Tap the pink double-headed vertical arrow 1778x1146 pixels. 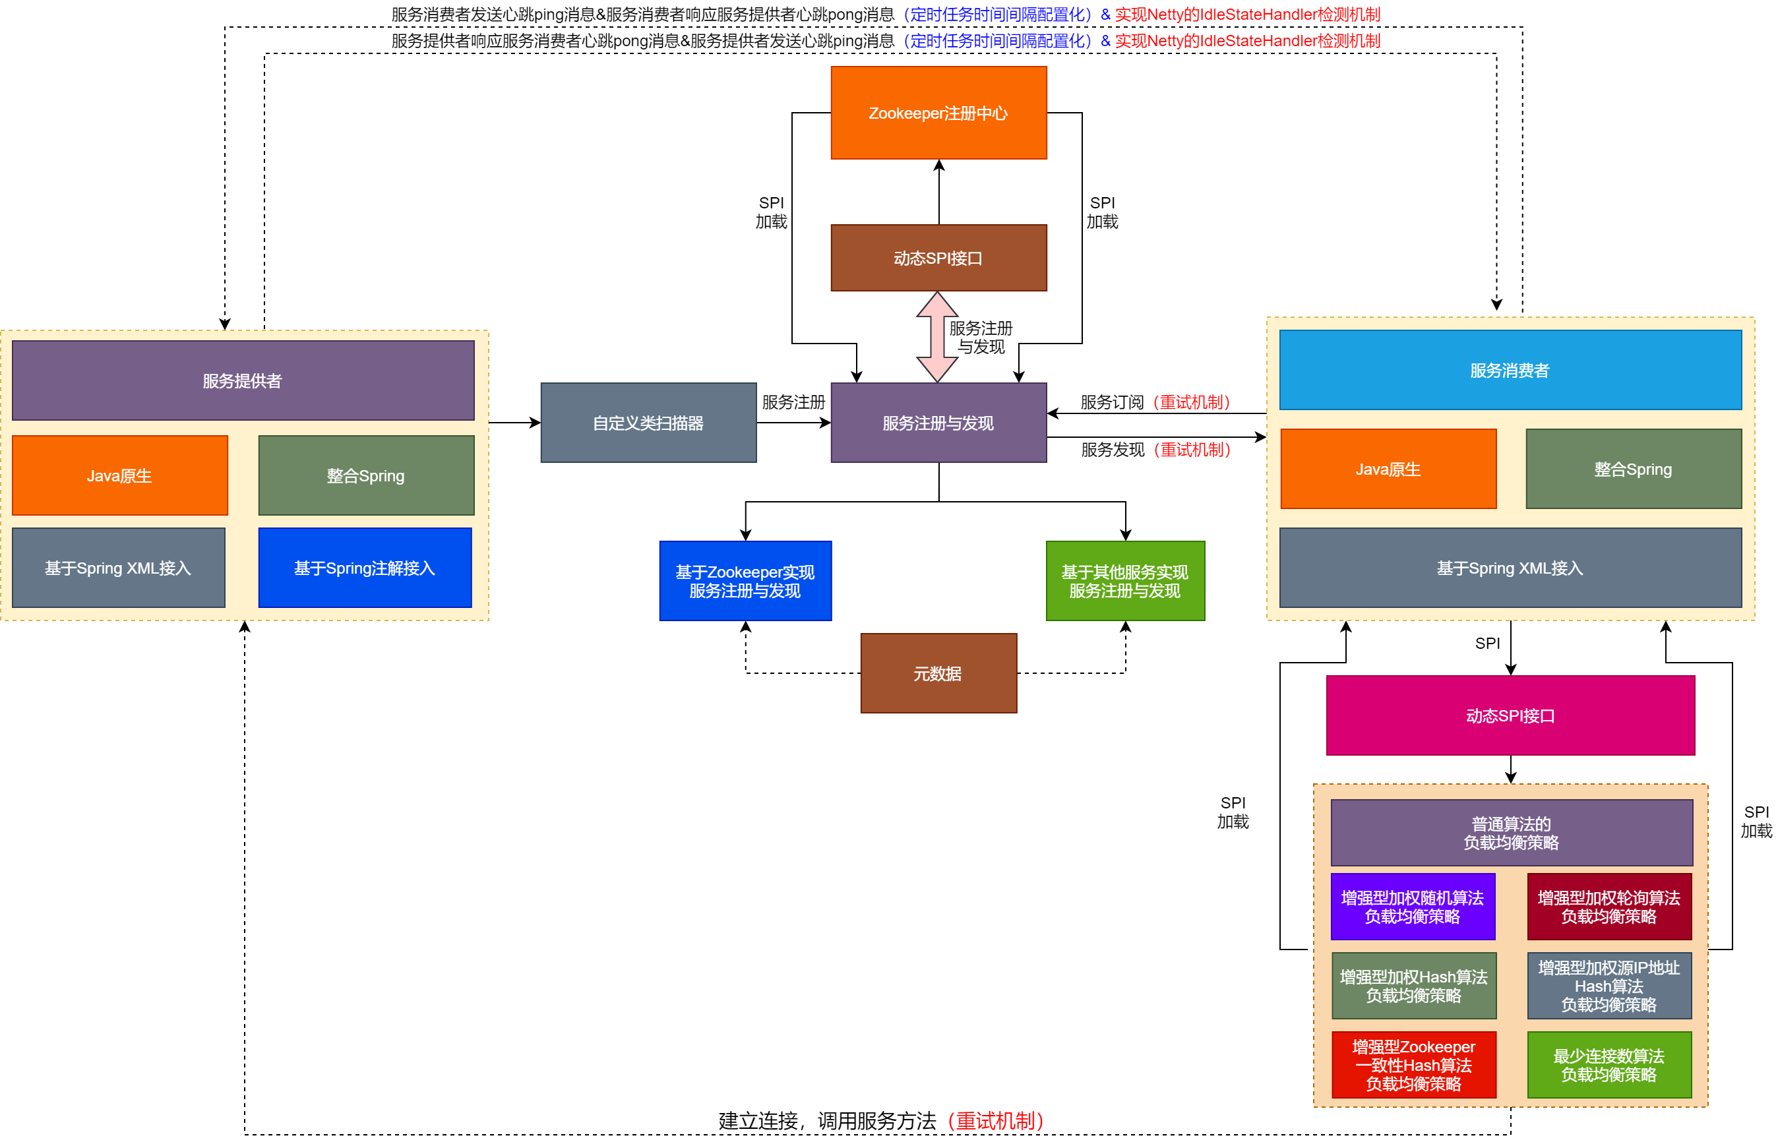click(x=936, y=336)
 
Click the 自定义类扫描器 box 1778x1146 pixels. click(x=648, y=423)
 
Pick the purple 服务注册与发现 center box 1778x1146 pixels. click(x=938, y=423)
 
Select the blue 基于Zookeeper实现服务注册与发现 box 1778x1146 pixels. click(x=745, y=580)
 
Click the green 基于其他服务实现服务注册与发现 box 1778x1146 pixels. click(x=1124, y=580)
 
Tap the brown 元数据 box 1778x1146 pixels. click(x=938, y=673)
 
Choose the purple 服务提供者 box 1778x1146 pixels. click(x=243, y=380)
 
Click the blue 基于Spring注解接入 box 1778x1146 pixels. click(x=365, y=568)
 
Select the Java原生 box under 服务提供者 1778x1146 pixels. click(x=120, y=475)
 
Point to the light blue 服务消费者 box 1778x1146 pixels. click(x=1510, y=370)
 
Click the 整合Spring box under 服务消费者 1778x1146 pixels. click(x=1633, y=469)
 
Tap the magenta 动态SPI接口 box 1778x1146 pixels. click(x=1510, y=715)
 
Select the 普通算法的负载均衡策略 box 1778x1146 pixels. click(x=1511, y=832)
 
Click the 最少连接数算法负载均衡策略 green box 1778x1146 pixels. click(x=1609, y=1064)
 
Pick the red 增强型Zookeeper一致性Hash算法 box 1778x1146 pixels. click(x=1413, y=1064)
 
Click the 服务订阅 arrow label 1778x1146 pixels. click(x=1112, y=402)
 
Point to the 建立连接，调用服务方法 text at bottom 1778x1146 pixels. click(x=826, y=1120)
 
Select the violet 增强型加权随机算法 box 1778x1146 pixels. click(x=1412, y=907)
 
